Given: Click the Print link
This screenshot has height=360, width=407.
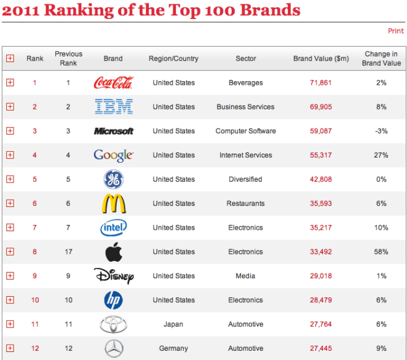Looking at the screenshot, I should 395,31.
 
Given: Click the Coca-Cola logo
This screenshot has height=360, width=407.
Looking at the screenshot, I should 113,82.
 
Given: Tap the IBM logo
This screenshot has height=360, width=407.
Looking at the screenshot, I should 114,107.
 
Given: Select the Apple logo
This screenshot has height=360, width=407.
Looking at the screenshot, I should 114,251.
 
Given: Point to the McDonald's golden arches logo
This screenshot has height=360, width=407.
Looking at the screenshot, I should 114,203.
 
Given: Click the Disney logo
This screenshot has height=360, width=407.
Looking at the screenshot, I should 114,276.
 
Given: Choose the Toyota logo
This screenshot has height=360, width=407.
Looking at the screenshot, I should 114,324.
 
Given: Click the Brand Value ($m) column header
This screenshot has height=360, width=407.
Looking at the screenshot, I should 321,59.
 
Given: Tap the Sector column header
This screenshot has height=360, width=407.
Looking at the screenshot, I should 245,59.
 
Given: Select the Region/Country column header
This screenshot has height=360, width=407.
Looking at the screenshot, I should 173,59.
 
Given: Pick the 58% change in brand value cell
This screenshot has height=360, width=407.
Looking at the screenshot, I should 381,252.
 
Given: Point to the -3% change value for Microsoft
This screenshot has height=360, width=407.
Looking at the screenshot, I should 381,131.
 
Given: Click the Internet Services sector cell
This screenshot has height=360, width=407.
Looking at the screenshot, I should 245,155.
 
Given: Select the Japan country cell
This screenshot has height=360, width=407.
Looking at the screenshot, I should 173,324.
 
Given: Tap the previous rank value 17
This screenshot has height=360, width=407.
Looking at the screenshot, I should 68,252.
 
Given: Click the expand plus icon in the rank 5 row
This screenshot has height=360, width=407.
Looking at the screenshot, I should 10,179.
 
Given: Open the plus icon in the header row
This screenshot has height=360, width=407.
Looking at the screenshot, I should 10,58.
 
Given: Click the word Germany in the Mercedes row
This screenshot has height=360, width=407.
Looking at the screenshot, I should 173,348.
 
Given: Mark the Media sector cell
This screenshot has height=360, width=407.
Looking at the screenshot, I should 245,276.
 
